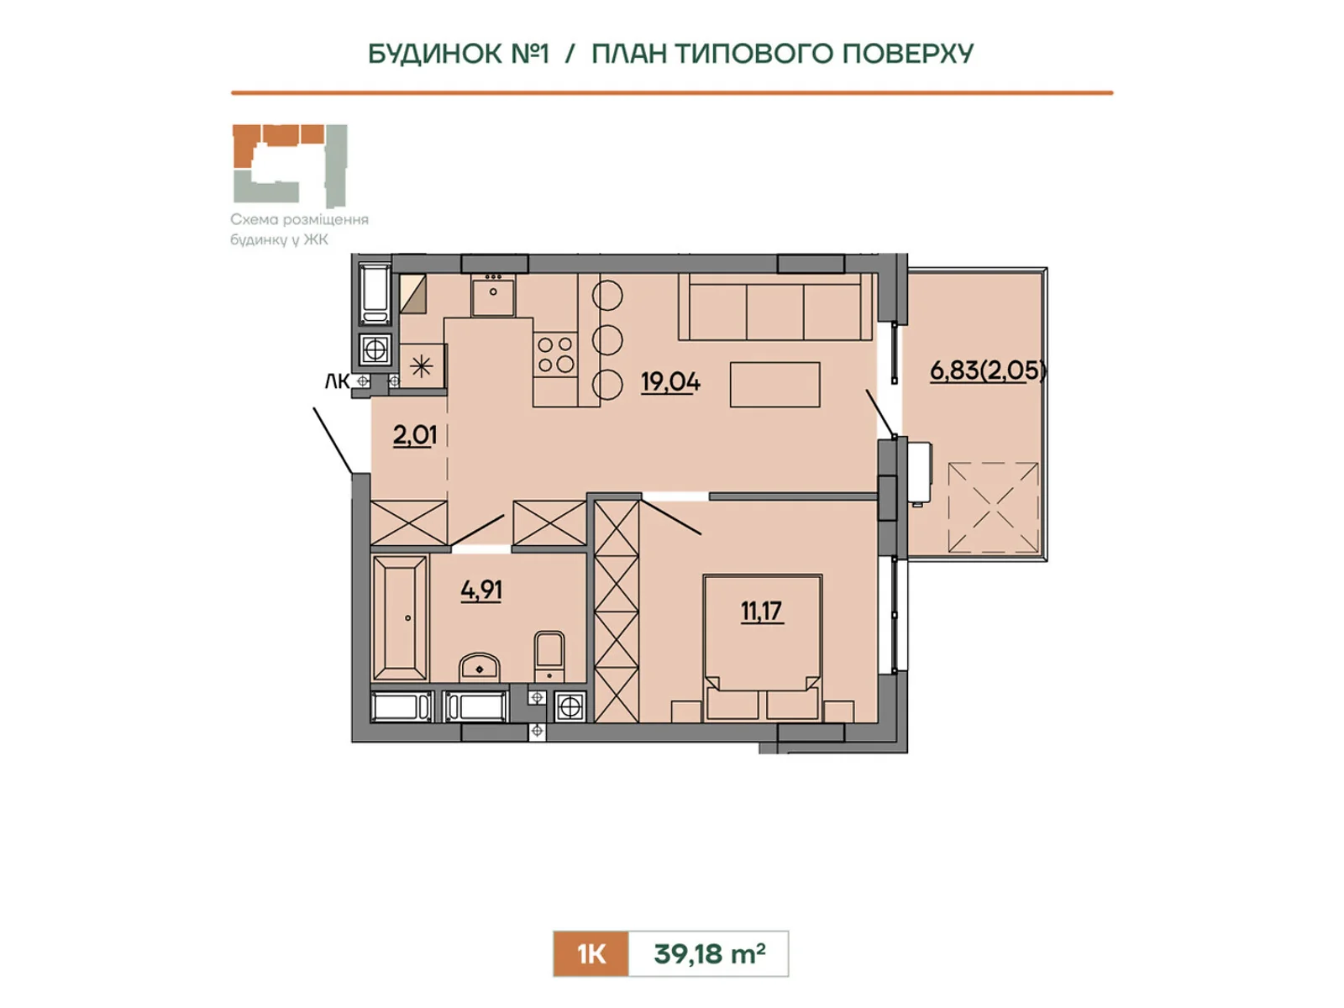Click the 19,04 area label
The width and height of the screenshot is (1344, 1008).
point(670,382)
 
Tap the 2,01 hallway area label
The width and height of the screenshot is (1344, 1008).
point(414,435)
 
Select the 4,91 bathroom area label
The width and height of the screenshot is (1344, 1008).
point(481,590)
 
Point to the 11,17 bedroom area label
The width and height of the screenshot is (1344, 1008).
point(761,611)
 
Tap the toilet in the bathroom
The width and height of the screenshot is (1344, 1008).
point(549,657)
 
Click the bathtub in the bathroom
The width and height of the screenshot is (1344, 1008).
point(399,617)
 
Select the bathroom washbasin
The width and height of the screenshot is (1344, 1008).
point(480,667)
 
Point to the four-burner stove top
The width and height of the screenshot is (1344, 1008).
point(555,355)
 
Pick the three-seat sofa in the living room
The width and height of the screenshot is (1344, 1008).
point(775,306)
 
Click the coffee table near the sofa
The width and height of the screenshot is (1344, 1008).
point(774,385)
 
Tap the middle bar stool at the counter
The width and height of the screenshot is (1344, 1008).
point(607,339)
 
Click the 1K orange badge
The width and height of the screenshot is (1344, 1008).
point(591,954)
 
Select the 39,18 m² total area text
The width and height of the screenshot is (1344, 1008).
point(709,953)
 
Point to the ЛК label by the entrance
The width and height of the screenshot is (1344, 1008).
point(337,382)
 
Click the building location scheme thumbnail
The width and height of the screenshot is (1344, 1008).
point(290,165)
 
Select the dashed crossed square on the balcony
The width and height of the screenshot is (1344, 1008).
point(993,507)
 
